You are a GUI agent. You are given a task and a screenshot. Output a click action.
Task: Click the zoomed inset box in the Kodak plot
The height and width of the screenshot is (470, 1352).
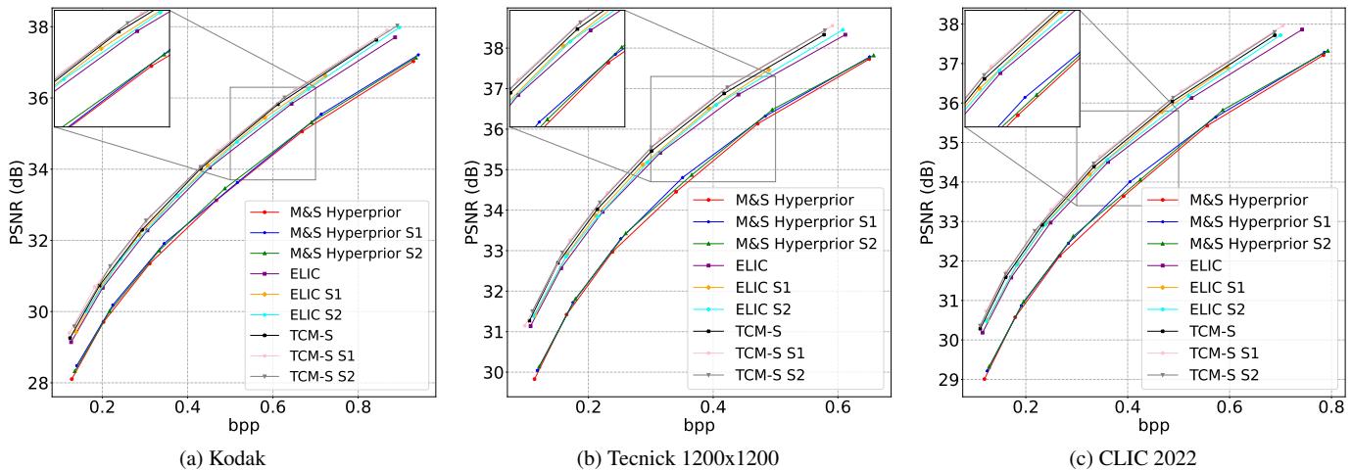(x=112, y=69)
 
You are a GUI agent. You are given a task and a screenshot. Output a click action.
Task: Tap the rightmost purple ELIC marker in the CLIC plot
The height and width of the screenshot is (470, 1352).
(x=1302, y=29)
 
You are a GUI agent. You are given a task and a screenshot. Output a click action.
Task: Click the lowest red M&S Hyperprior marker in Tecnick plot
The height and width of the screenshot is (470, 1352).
(x=534, y=379)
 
